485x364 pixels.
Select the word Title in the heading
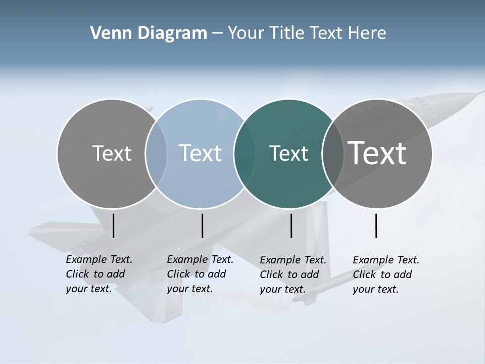(290, 33)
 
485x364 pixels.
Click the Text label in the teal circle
(288, 154)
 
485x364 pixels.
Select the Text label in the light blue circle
(200, 153)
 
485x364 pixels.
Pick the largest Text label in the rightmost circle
(377, 153)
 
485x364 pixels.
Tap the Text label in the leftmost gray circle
(112, 153)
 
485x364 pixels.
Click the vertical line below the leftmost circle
(113, 225)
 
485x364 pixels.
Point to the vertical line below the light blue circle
(202, 225)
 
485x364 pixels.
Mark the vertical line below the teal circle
(291, 225)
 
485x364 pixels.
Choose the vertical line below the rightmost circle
(376, 225)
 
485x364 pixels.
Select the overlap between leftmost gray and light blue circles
(156, 154)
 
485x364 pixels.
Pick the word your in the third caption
(270, 289)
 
